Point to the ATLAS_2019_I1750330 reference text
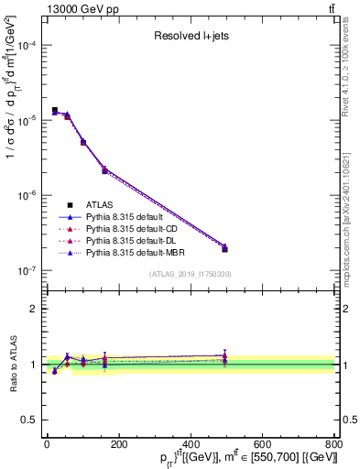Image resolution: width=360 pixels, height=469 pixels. point(190,274)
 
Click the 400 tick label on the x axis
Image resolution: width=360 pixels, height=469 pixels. point(191,444)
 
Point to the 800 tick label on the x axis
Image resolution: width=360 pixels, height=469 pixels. point(334,444)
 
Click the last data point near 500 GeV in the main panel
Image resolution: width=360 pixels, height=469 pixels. point(224,247)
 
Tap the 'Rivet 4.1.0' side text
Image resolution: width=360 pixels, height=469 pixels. point(352,64)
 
